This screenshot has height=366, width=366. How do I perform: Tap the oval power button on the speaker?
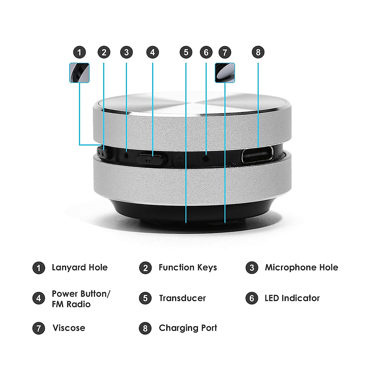(152, 159)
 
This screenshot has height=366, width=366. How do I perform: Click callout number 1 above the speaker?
(80, 52)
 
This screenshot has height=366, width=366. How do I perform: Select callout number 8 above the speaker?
(258, 52)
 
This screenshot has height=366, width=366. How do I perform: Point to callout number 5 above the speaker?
(186, 52)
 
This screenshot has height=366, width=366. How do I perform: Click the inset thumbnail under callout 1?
(79, 73)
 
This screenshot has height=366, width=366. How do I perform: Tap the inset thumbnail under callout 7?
(225, 73)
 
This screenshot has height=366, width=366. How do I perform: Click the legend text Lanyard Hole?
(80, 267)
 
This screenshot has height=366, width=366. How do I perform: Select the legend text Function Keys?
(188, 267)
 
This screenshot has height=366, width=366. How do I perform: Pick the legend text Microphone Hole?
(301, 267)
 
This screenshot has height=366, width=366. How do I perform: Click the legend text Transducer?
(182, 298)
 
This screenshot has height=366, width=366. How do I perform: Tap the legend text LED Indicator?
(292, 298)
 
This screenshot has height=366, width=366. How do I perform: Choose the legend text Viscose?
(69, 328)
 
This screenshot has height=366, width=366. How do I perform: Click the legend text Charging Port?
(188, 328)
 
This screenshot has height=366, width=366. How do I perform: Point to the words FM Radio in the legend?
(71, 304)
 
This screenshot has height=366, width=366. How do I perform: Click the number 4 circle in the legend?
(39, 298)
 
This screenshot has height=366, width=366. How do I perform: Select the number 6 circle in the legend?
(252, 298)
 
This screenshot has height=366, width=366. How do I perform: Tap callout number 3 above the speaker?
(127, 52)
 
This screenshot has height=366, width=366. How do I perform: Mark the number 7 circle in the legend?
(39, 328)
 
